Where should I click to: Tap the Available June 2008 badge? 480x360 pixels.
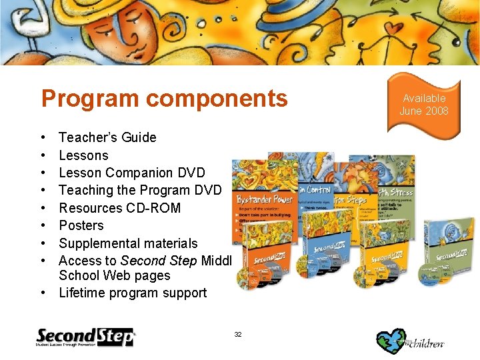424,105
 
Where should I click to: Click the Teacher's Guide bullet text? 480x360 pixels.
107,137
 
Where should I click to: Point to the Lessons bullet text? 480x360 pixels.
83,155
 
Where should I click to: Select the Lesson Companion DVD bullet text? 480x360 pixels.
132,173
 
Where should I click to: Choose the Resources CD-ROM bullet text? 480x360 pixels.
119,208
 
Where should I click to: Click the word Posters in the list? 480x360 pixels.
81,225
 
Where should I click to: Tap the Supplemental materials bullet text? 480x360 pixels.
128,243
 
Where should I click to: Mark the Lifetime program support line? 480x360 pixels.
133,293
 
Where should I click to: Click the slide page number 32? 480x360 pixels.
238,333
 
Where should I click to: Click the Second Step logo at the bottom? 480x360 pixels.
85,337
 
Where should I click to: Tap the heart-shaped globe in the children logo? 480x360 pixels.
391,338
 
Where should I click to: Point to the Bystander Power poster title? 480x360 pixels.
265,199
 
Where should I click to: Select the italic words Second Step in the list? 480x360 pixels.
146,261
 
